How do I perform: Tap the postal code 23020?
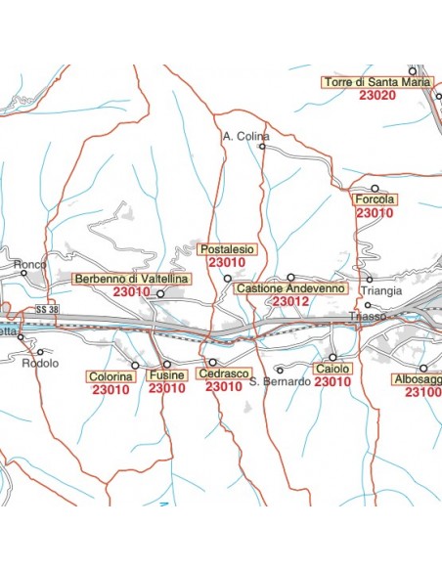coord(377,96)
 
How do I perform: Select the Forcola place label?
coord(373,199)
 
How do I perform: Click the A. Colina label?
coord(245,136)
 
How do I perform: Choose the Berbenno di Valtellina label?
coord(131,279)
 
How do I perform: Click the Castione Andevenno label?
coord(290,289)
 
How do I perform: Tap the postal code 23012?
coord(290,302)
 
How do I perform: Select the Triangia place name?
coord(381,291)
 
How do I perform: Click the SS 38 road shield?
coord(47,310)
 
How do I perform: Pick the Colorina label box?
coord(110,375)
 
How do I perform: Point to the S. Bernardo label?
coord(280,381)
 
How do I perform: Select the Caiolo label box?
coord(332,370)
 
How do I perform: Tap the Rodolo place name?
coord(40,364)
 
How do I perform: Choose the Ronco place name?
coord(30,264)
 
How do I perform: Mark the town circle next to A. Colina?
coord(262,147)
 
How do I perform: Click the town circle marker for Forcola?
coord(375,188)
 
